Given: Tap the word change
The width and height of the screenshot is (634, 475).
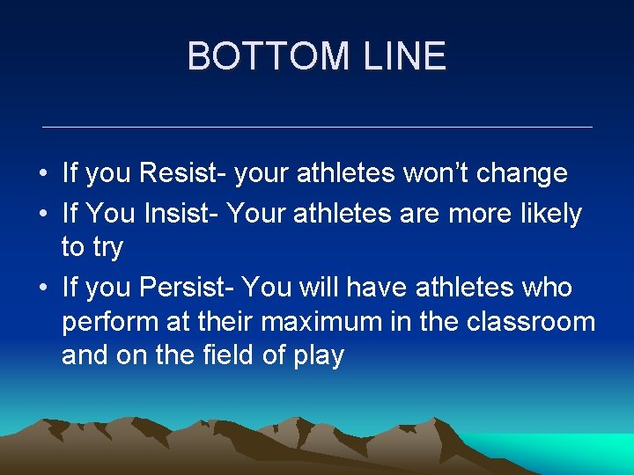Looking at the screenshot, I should coord(527,173).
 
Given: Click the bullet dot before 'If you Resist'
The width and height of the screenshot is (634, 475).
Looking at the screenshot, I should coord(43,174).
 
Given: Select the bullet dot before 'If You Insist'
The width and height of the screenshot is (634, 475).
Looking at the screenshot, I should coord(43,215).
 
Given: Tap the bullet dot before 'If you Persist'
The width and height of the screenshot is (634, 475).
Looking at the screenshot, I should coord(43,289).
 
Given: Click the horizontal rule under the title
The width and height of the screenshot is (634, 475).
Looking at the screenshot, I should coord(317,128).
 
